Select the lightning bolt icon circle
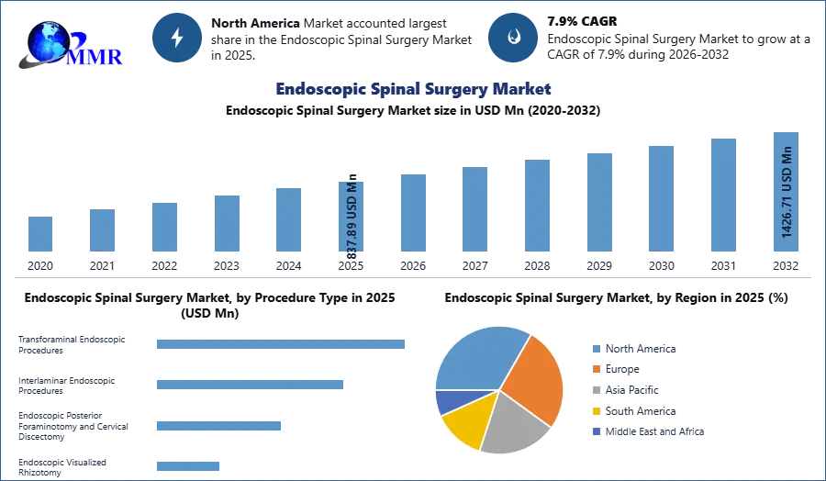177,38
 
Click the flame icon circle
513,38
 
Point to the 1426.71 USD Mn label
787,192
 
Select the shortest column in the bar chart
40,234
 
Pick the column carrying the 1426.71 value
785,194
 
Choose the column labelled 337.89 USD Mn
352,218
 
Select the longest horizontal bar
282,345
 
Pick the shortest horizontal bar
187,466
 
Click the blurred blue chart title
413,90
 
